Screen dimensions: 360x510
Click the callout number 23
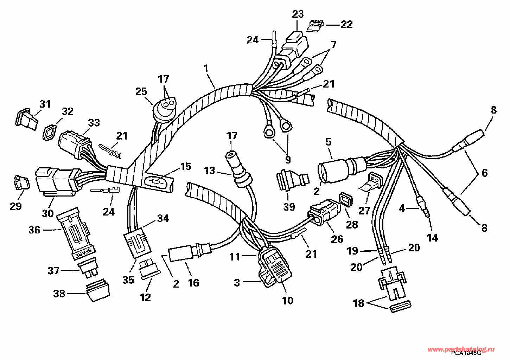(x=298, y=14)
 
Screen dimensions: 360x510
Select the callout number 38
(x=59, y=293)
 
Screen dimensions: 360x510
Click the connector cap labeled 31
(x=26, y=119)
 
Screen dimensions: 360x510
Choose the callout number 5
(x=329, y=142)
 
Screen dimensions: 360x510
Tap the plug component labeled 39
(x=292, y=179)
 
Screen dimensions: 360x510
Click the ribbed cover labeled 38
(x=97, y=290)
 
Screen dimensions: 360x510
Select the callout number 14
(x=432, y=238)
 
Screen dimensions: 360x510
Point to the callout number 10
(x=287, y=301)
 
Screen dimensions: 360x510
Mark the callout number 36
(x=34, y=230)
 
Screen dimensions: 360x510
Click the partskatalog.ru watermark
(x=461, y=349)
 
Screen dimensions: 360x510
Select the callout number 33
(x=94, y=123)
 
